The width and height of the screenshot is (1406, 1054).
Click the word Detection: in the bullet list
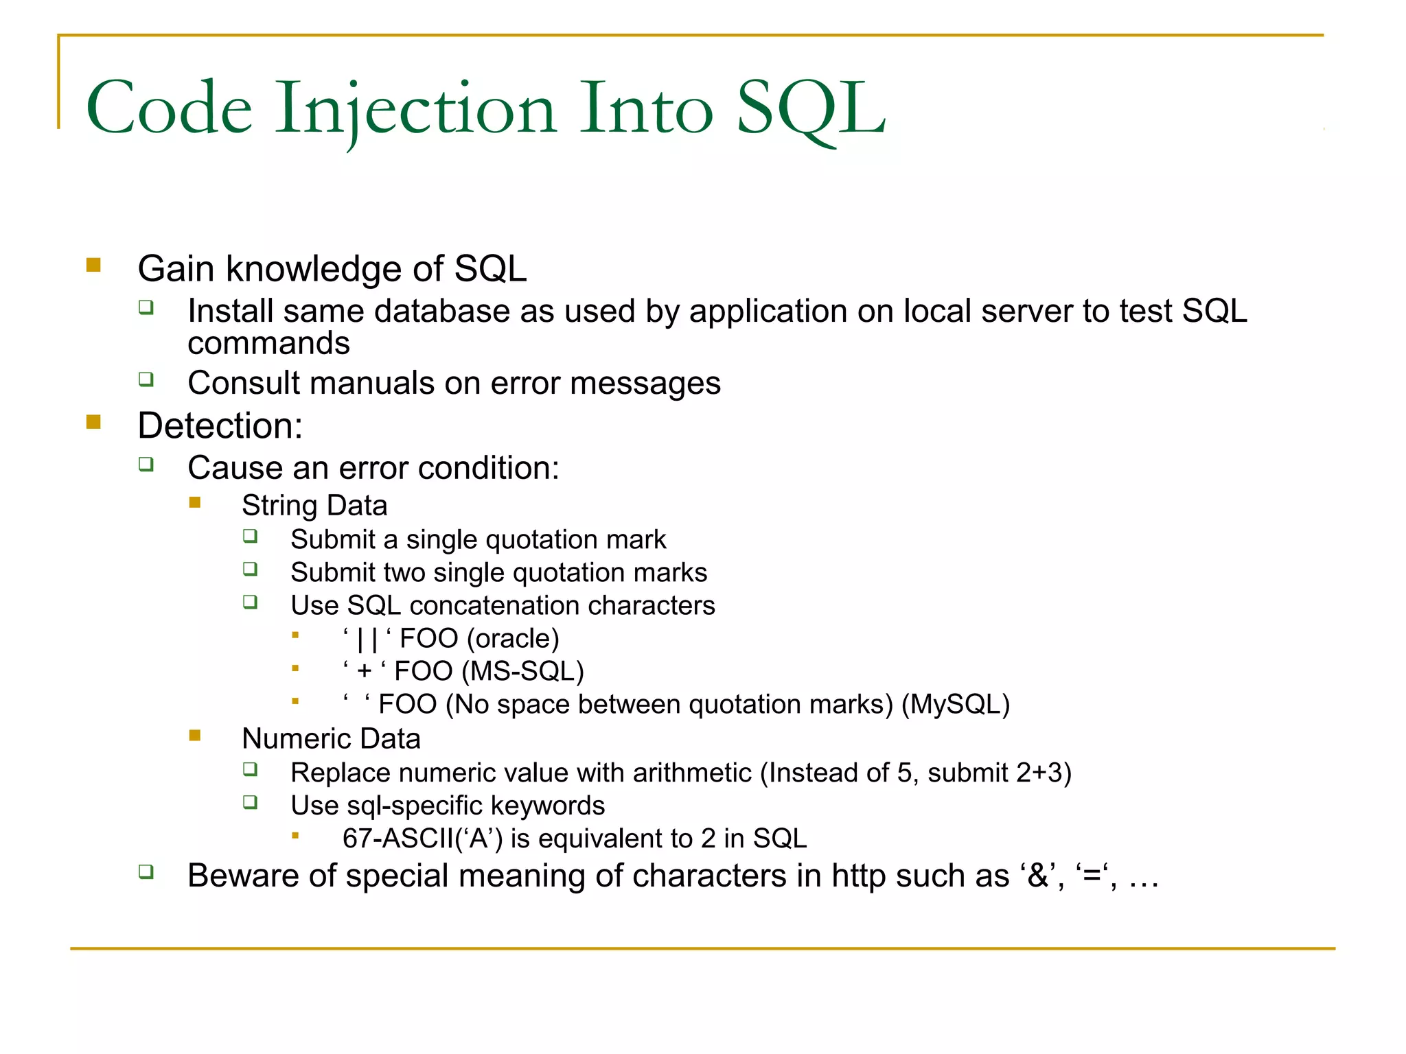click(220, 425)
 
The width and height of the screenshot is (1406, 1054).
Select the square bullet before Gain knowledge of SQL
click(94, 266)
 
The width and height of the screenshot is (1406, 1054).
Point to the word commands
click(268, 343)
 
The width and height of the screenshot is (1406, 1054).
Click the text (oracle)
click(513, 639)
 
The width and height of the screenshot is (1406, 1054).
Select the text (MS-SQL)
click(522, 671)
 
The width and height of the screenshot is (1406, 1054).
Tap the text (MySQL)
click(955, 705)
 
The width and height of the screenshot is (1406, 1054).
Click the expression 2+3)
click(1044, 773)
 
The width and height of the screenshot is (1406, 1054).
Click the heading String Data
click(314, 506)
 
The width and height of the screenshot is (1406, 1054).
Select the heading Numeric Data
click(331, 739)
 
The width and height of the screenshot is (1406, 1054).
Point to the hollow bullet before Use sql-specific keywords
click(251, 802)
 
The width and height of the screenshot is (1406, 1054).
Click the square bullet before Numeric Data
click(195, 736)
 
